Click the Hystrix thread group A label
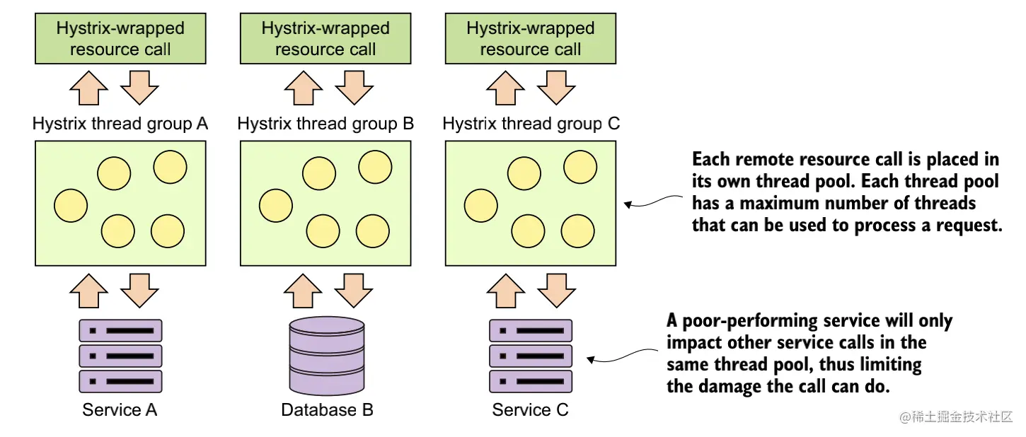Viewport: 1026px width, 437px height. tap(120, 124)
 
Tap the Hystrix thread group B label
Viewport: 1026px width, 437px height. tap(325, 124)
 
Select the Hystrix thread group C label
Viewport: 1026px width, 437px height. tap(531, 124)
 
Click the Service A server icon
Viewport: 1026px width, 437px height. tap(120, 356)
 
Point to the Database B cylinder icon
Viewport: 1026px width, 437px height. tap(326, 356)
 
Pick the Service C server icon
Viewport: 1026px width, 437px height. tap(531, 356)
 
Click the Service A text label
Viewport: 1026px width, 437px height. tap(120, 410)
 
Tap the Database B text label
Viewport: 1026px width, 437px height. tap(327, 410)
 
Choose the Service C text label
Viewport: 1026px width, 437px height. tap(530, 410)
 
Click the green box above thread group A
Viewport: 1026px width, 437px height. tap(120, 39)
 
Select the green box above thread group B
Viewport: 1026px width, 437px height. tap(325, 39)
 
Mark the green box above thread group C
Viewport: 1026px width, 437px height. tap(531, 39)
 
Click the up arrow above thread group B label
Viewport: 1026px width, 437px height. tap(303, 88)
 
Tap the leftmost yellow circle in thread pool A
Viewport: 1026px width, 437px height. tap(71, 205)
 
